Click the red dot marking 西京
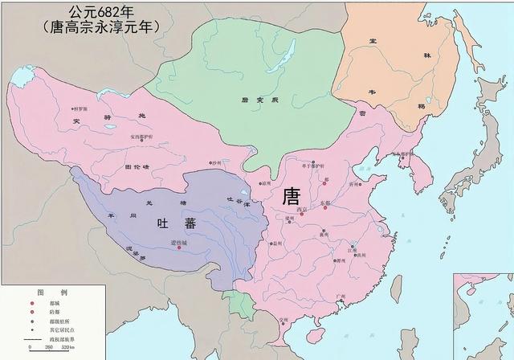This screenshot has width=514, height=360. pos(303,215)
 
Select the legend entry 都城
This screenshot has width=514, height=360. pos(59,301)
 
